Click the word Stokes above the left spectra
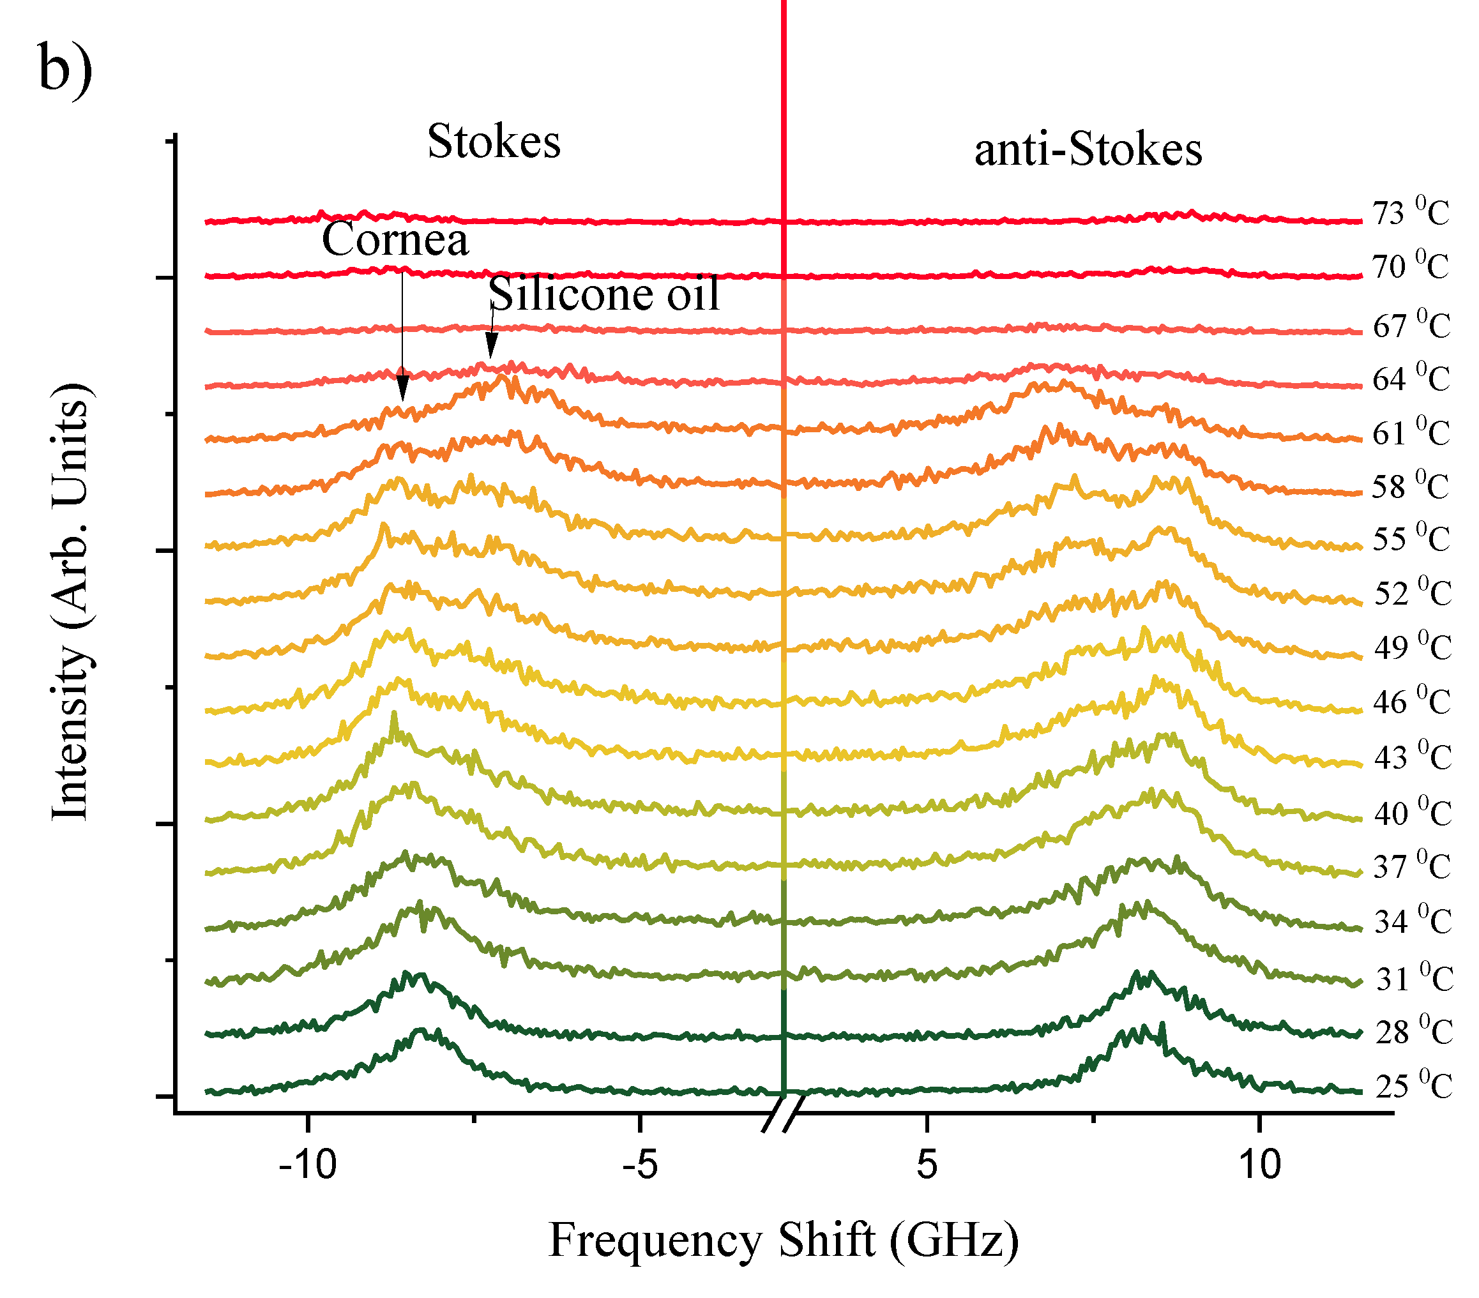point(494,141)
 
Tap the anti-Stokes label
point(1088,151)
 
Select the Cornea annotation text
point(395,239)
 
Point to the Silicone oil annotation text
point(604,294)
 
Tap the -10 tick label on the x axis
point(308,1164)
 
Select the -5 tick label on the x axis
point(640,1164)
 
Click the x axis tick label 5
point(927,1164)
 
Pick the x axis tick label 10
point(1260,1164)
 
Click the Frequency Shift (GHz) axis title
point(784,1240)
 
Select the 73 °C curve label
point(1411,213)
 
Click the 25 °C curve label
point(1413,1086)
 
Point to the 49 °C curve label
point(1413,646)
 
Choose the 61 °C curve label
point(1411,433)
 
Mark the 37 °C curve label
point(1412,866)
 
